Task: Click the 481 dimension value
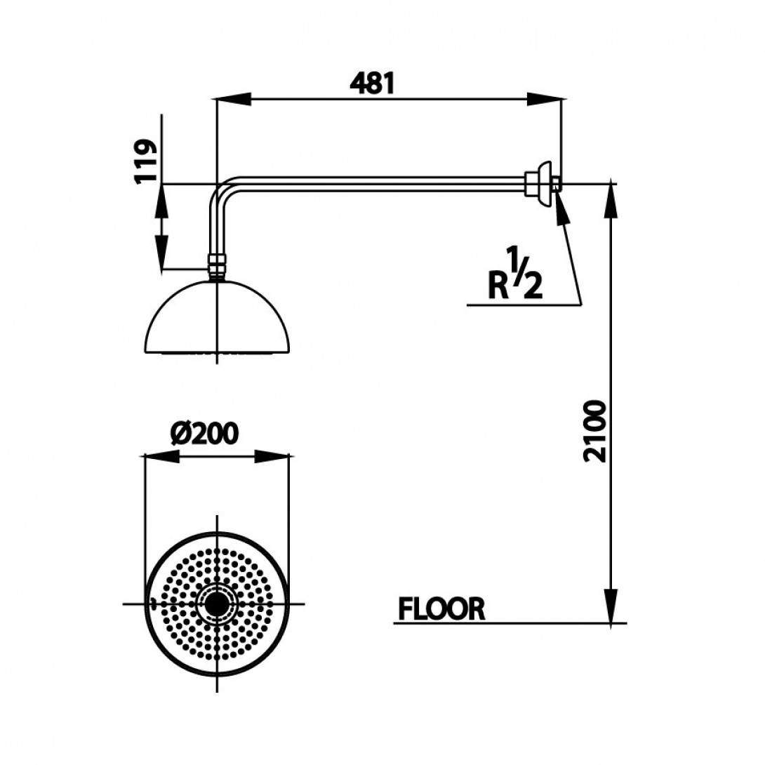(x=373, y=84)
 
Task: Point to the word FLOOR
(x=441, y=609)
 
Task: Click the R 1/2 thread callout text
(x=514, y=278)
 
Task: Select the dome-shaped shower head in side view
(x=218, y=320)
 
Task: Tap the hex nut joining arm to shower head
(x=217, y=267)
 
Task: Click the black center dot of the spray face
(x=217, y=604)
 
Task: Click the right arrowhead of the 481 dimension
(x=545, y=100)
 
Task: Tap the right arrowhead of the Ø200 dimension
(x=273, y=457)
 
